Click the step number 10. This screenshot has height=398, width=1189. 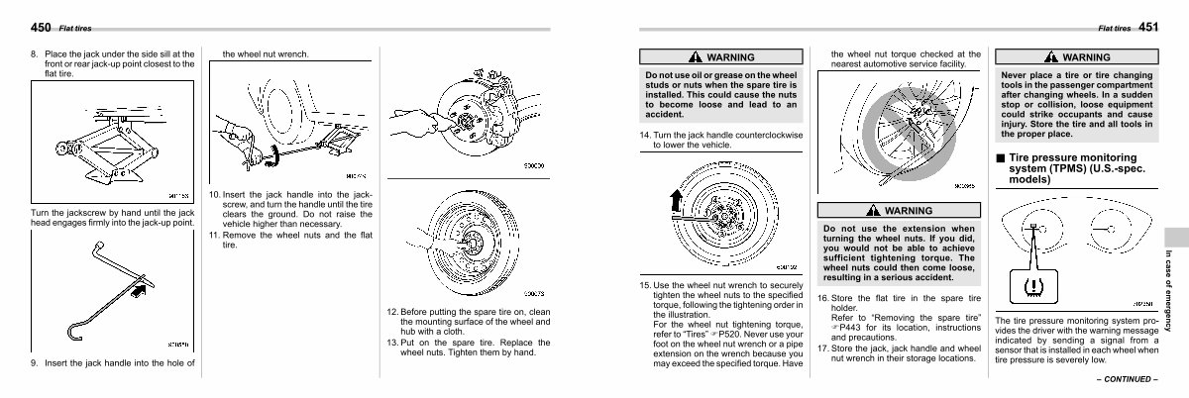[214, 195]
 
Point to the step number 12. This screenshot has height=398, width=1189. [391, 312]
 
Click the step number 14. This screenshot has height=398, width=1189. [645, 135]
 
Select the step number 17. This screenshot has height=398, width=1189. [822, 348]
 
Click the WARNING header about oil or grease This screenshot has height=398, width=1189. [720, 57]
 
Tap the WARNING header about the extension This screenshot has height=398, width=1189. [899, 211]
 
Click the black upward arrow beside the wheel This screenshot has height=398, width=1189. [677, 203]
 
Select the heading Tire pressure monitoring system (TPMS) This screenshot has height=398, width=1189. [1072, 169]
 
